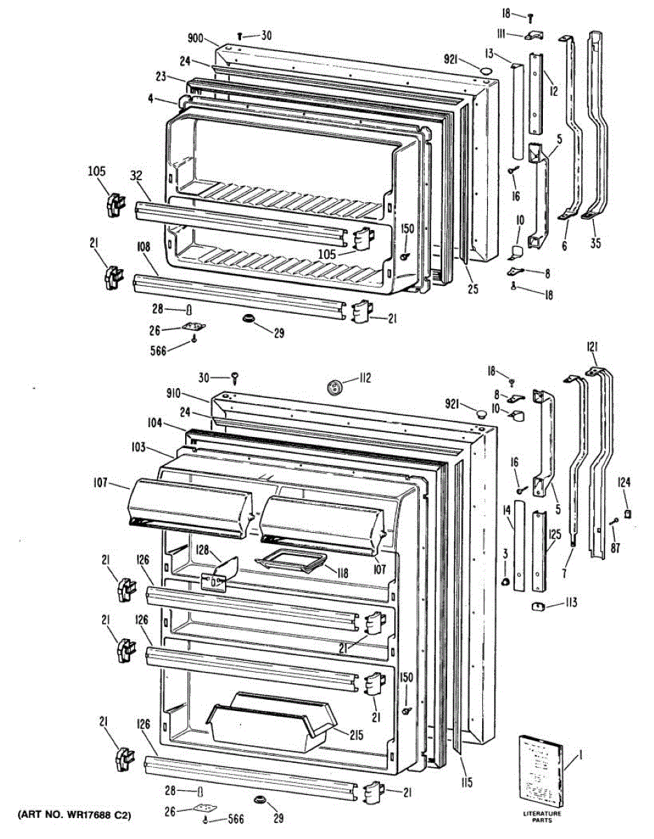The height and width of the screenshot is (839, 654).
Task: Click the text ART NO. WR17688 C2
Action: [x=71, y=816]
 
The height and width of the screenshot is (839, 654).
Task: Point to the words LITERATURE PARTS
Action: [x=542, y=817]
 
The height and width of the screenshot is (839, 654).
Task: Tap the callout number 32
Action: [x=137, y=178]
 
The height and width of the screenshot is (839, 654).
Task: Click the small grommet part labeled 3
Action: [x=504, y=582]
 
